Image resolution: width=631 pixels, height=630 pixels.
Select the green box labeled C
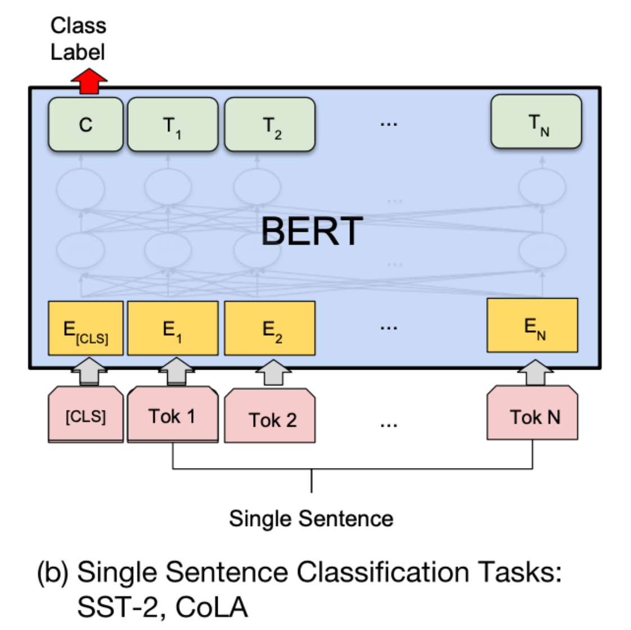pyautogui.click(x=85, y=124)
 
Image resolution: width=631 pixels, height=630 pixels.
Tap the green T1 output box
pyautogui.click(x=173, y=124)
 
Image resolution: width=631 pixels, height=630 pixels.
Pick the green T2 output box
pyautogui.click(x=270, y=124)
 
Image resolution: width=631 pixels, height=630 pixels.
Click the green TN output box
pyautogui.click(x=536, y=121)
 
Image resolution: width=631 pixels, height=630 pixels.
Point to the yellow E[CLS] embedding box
pyautogui.click(x=85, y=328)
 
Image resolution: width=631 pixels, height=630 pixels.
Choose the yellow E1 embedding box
pyautogui.click(x=173, y=328)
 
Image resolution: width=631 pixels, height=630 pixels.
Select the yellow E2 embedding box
pyautogui.click(x=270, y=328)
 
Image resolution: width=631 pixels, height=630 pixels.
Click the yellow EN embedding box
pyautogui.click(x=532, y=326)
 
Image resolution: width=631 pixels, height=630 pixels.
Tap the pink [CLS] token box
pyautogui.click(x=85, y=416)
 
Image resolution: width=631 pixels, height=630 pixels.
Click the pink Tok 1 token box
pyautogui.click(x=173, y=416)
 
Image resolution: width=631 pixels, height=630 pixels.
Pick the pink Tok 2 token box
pyautogui.click(x=270, y=418)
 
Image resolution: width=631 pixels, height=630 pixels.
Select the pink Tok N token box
pyautogui.click(x=532, y=416)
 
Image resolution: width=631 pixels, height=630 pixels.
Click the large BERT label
pyautogui.click(x=312, y=231)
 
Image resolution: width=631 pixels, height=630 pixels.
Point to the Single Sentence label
pyautogui.click(x=311, y=518)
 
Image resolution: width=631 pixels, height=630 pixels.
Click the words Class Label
pyautogui.click(x=78, y=39)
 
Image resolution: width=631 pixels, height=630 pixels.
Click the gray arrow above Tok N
pyautogui.click(x=535, y=372)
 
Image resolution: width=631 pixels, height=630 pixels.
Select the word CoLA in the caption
pyautogui.click(x=211, y=607)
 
